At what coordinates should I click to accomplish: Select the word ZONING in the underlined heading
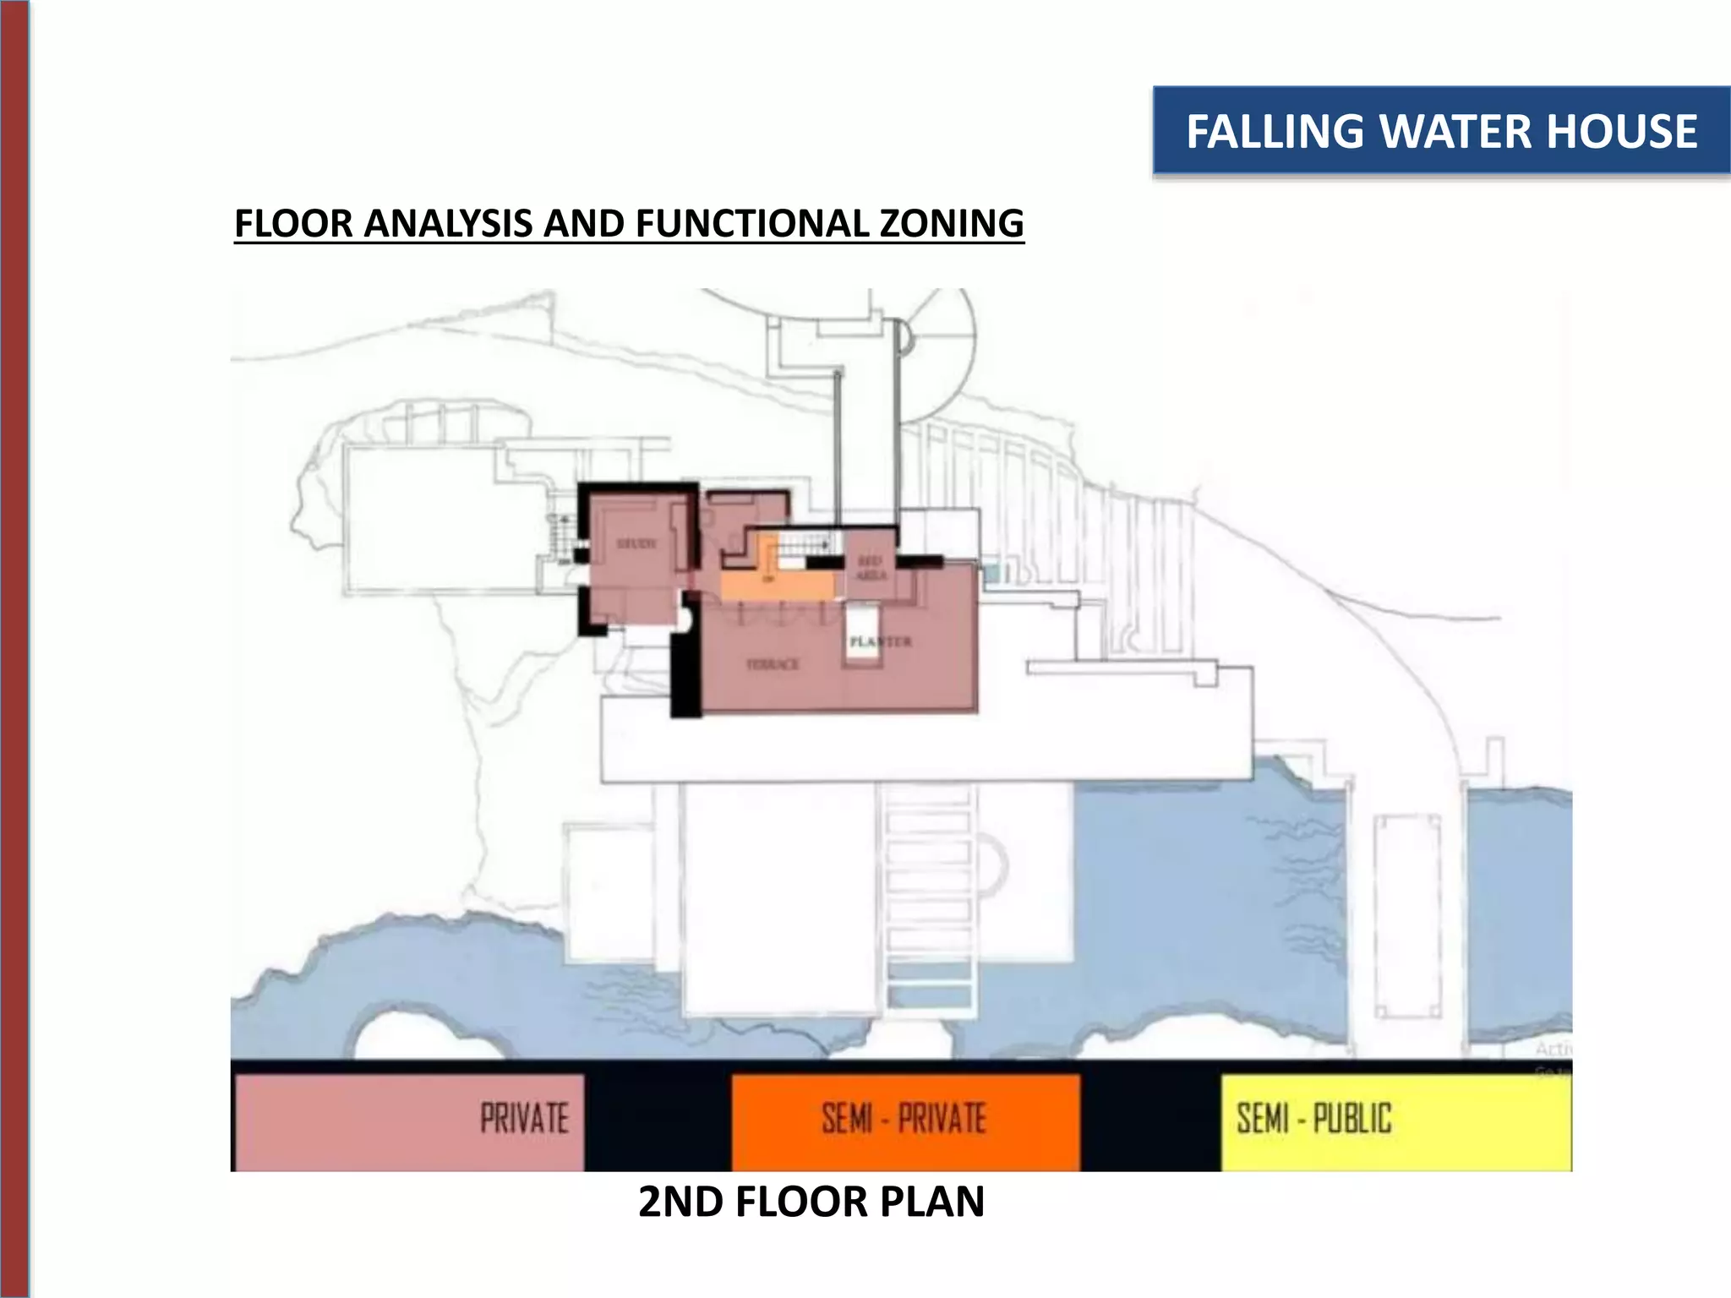pos(952,224)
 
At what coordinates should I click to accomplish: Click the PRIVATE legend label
pos(524,1119)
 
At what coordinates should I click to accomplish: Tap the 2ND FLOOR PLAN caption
pos(811,1203)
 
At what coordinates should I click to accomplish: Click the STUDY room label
pos(636,543)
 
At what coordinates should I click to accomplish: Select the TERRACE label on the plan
pos(773,664)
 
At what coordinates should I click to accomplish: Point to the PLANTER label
pos(880,641)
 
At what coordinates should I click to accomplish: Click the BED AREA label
pos(871,568)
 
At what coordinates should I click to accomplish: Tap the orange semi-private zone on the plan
pos(778,585)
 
